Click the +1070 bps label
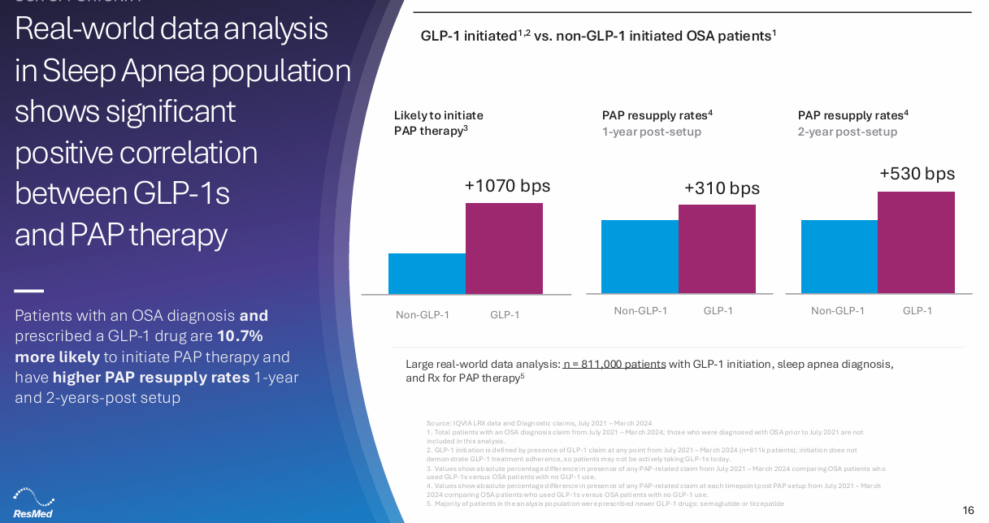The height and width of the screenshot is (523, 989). [507, 186]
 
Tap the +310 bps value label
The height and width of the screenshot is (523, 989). [722, 188]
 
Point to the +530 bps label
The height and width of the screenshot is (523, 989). [917, 174]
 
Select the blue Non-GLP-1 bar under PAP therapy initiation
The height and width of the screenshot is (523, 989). [427, 274]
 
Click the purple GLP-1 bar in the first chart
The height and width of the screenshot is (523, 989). [504, 249]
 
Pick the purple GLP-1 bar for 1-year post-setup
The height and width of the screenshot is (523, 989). [717, 249]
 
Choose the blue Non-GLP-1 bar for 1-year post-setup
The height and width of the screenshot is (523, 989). [640, 257]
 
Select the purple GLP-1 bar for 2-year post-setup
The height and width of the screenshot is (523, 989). [916, 243]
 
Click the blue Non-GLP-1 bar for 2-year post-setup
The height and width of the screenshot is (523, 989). [839, 257]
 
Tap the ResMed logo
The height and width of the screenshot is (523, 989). [33, 503]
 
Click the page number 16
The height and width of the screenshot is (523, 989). [968, 510]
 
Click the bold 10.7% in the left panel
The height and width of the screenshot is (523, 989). [240, 336]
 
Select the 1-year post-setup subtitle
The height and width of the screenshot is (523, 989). [651, 132]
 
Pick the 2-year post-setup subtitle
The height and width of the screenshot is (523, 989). [847, 132]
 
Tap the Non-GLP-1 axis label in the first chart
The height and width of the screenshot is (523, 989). [422, 315]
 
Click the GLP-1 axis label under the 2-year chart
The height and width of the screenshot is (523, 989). [917, 311]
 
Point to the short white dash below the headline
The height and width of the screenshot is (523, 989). [28, 291]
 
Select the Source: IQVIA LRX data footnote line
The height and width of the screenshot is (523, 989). [539, 423]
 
